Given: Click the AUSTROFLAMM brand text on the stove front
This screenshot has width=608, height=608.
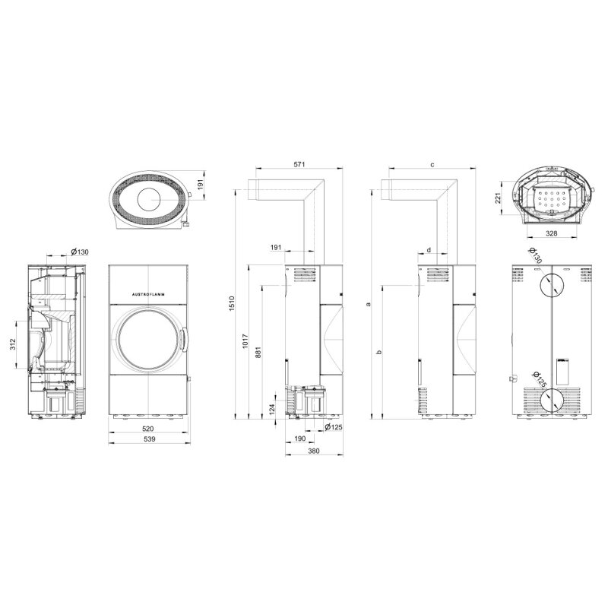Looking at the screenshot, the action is (148, 294).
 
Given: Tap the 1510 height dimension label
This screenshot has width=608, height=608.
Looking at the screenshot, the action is (232, 304).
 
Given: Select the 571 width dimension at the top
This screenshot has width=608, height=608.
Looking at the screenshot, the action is (299, 164).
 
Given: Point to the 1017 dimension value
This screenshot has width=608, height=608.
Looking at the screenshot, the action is (245, 341).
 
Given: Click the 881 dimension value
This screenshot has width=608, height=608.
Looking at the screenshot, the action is (258, 352).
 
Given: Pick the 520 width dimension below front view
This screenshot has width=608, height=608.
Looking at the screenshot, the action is (148, 429).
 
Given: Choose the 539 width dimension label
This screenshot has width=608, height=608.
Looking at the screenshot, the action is (149, 439).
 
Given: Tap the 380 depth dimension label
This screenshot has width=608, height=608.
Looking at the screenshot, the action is (314, 451).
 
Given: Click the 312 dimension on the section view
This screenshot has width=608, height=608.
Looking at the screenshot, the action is (12, 344).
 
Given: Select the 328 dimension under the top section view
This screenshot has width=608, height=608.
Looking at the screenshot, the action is (551, 233).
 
